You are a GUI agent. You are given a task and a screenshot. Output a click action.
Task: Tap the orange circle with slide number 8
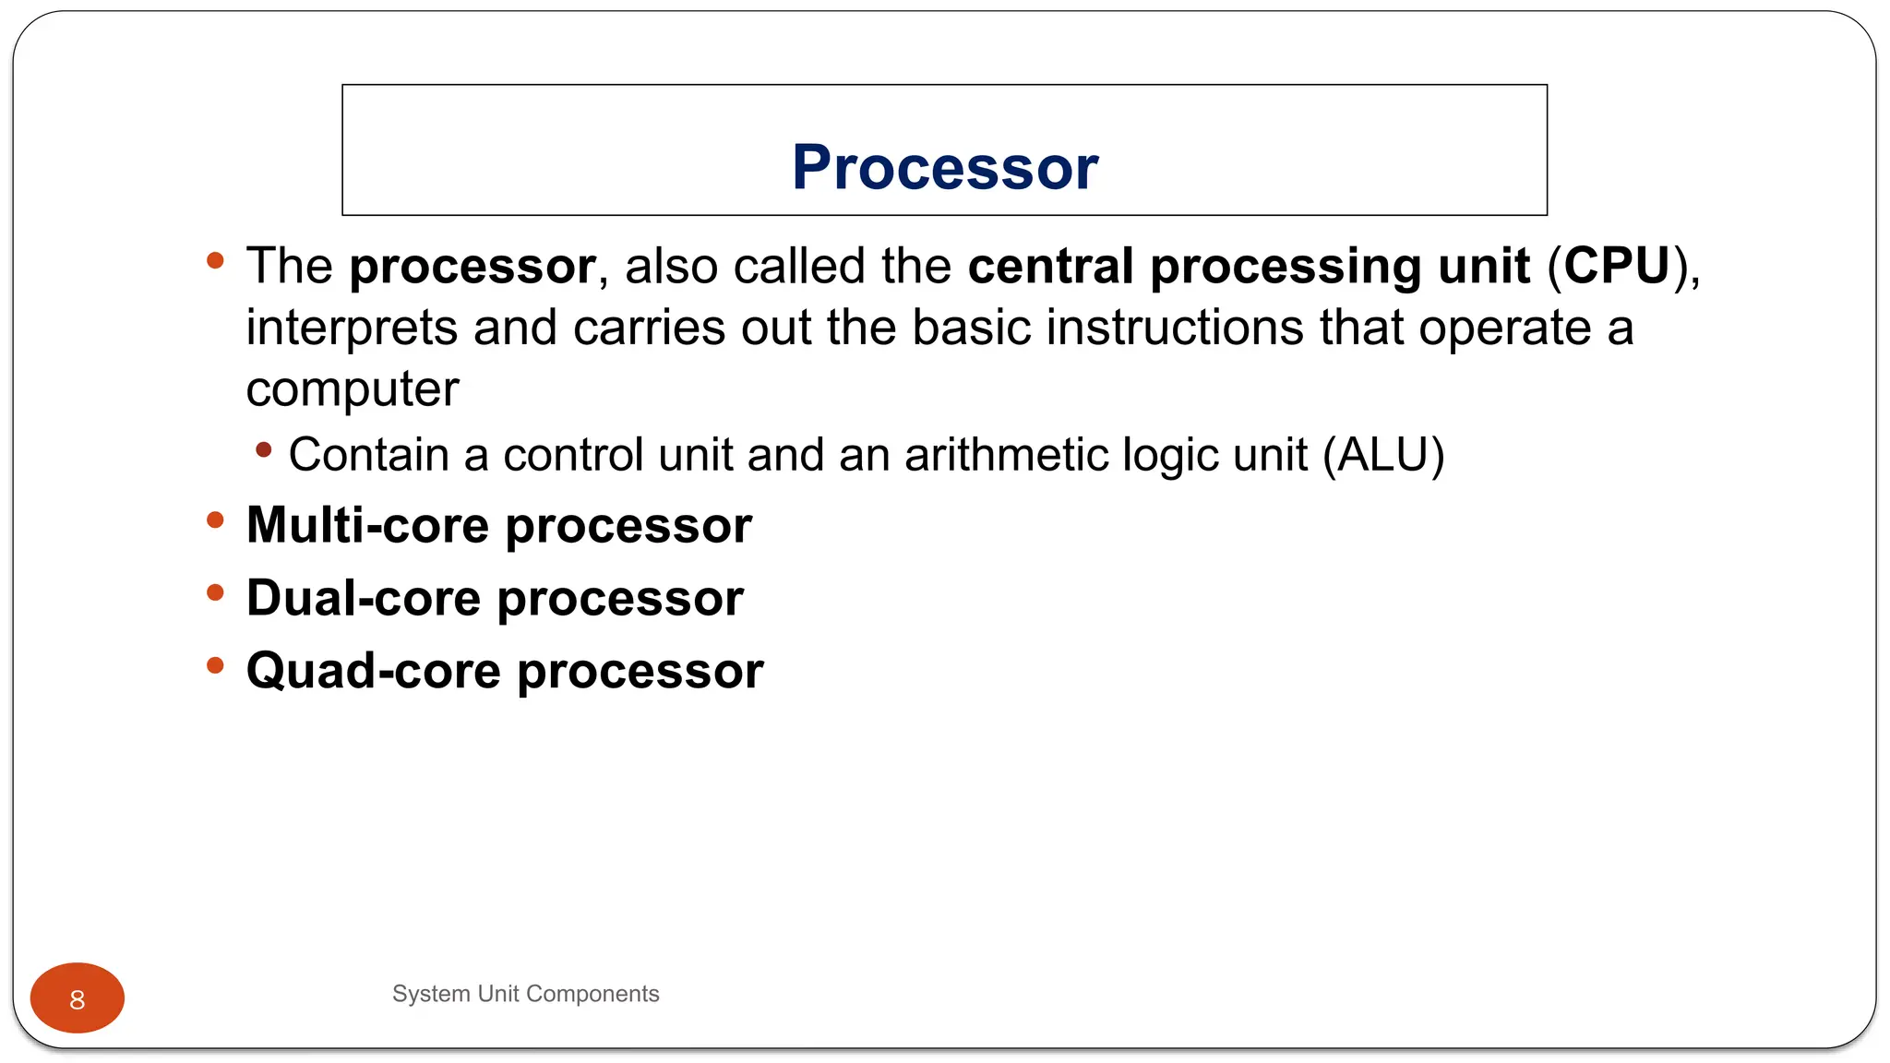click(78, 998)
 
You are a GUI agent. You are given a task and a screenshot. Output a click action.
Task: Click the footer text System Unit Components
click(525, 994)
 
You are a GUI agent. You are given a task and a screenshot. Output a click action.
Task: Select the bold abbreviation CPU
click(1617, 266)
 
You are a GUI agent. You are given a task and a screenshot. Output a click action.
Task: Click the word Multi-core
click(367, 525)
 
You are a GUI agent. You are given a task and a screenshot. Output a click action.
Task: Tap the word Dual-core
click(363, 598)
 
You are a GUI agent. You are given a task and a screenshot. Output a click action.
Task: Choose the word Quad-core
click(373, 671)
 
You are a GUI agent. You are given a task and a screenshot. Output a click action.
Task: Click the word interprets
click(352, 328)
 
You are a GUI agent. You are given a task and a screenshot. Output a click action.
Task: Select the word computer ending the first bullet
click(352, 389)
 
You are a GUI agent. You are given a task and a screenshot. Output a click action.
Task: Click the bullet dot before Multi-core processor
click(215, 520)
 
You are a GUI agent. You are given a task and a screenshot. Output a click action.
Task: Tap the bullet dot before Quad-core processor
click(215, 665)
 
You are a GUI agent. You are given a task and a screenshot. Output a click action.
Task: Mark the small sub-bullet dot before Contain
click(264, 450)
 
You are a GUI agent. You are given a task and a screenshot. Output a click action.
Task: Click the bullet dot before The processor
click(215, 261)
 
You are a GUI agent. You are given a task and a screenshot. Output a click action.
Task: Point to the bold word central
click(1050, 266)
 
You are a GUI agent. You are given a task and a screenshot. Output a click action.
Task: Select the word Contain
click(368, 455)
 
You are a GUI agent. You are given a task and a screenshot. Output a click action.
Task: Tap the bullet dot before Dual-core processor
click(215, 593)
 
